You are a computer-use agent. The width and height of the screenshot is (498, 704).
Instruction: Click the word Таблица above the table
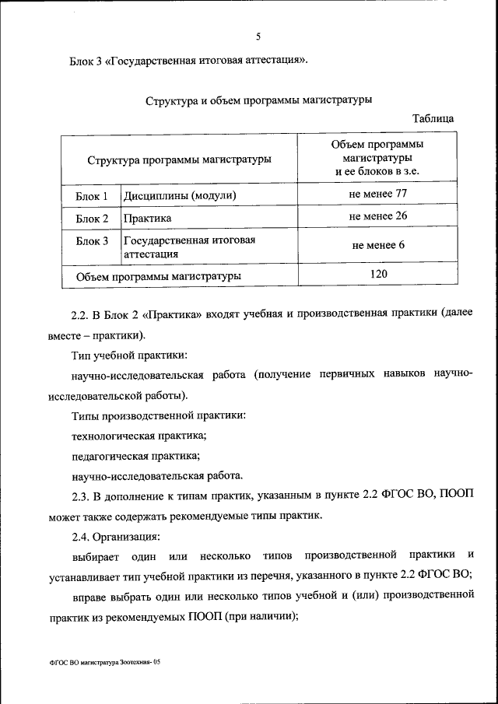coord(433,118)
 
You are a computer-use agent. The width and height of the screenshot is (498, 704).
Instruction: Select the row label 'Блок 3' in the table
coord(92,241)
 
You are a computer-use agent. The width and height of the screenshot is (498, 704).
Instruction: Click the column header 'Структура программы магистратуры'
coord(179,159)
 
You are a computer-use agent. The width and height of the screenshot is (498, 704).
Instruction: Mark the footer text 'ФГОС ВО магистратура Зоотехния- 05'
coord(103,661)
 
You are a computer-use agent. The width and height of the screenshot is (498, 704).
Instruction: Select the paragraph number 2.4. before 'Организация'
coord(81,536)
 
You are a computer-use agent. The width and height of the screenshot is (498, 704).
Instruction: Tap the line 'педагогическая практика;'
coord(135,456)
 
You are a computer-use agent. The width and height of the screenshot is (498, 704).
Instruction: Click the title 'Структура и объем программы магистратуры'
coord(258,100)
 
